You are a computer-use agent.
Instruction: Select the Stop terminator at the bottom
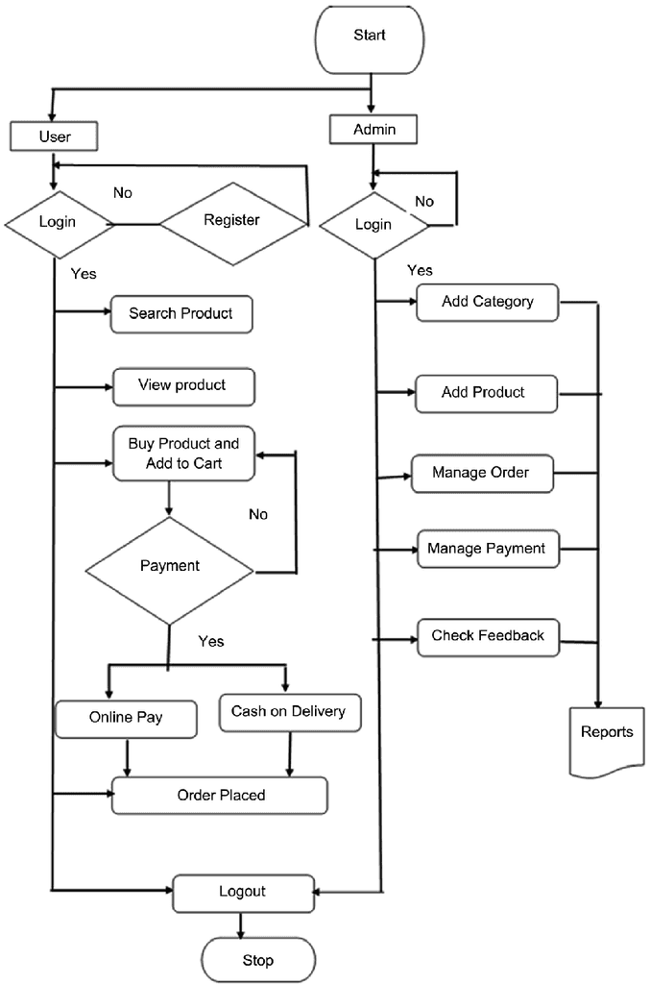pyautogui.click(x=257, y=960)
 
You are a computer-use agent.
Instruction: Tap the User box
pyautogui.click(x=55, y=136)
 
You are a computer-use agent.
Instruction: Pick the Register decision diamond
pyautogui.click(x=232, y=221)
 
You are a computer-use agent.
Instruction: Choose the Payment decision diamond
pyautogui.click(x=170, y=567)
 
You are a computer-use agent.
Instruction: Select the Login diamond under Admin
pyautogui.click(x=373, y=225)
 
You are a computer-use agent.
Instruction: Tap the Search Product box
pyautogui.click(x=181, y=313)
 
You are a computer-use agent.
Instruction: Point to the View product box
pyautogui.click(x=182, y=385)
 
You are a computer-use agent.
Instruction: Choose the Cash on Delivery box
pyautogui.click(x=288, y=713)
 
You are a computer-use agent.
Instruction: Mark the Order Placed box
pyautogui.click(x=220, y=796)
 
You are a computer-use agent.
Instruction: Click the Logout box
pyautogui.click(x=243, y=893)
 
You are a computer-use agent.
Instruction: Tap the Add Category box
pyautogui.click(x=487, y=302)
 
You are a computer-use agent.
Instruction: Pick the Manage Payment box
pyautogui.click(x=486, y=549)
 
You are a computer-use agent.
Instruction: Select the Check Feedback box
pyautogui.click(x=488, y=636)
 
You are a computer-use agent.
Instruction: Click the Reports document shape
pyautogui.click(x=607, y=736)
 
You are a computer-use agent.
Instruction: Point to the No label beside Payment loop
pyautogui.click(x=258, y=514)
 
